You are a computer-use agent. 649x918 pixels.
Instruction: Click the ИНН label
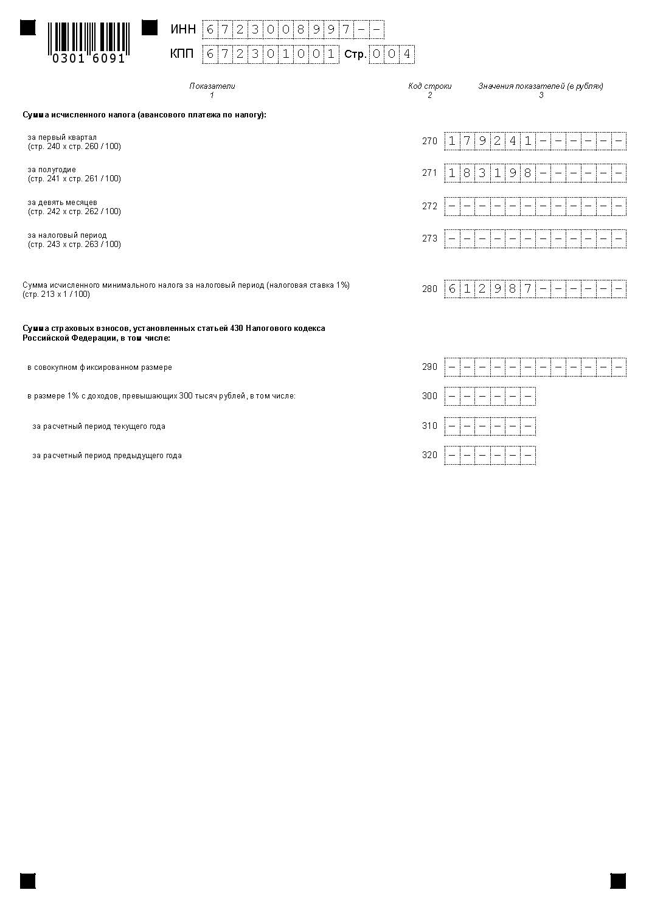coord(183,29)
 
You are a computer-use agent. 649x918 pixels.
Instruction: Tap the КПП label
coord(182,54)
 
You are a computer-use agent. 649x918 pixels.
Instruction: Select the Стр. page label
coord(355,55)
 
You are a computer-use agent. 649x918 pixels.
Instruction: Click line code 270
coord(429,141)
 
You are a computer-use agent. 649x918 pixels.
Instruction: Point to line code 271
coord(429,173)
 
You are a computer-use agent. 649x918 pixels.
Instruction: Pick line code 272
coord(429,206)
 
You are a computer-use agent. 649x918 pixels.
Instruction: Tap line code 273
coord(429,238)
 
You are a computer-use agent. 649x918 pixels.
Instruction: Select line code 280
coord(429,289)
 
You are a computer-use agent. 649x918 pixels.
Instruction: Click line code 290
coord(429,367)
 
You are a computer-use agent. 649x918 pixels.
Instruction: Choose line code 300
coord(429,396)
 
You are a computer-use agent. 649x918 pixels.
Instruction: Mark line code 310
coord(429,426)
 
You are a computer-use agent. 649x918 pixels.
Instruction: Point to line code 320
coord(429,455)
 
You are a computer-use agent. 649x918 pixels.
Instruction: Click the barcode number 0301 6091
coord(89,59)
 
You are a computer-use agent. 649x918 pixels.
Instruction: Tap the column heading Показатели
coord(212,86)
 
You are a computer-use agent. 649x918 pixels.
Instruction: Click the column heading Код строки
coord(429,86)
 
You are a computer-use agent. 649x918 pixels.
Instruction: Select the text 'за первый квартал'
coord(62,137)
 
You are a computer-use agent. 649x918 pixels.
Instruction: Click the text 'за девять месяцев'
coord(62,203)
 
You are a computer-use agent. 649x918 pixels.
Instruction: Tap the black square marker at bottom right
coord(618,881)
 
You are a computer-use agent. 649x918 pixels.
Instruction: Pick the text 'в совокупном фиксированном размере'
coord(100,367)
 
